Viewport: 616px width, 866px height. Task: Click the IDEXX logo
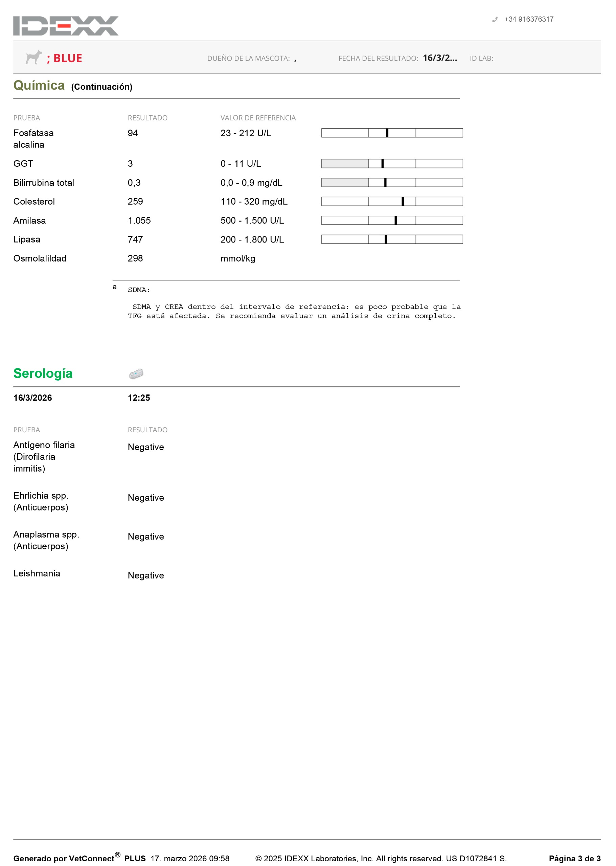(x=66, y=26)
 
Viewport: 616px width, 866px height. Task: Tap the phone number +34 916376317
(x=528, y=19)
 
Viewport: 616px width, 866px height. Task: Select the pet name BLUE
(x=68, y=59)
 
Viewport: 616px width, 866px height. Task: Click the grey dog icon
(x=33, y=57)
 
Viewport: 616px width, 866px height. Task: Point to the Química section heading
(x=39, y=86)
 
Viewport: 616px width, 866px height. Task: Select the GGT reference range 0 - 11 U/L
(x=241, y=164)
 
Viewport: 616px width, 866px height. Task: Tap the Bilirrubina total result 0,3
(x=134, y=183)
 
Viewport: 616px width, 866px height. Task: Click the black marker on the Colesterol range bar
(x=403, y=201)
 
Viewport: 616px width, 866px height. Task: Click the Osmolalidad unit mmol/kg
(x=238, y=259)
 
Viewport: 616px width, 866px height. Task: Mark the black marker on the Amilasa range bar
(x=396, y=220)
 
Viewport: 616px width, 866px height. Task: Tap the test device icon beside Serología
(x=136, y=374)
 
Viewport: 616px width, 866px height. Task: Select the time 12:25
(x=139, y=398)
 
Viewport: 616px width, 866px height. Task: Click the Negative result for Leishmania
(x=146, y=575)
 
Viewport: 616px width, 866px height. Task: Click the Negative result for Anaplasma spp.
(x=146, y=537)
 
